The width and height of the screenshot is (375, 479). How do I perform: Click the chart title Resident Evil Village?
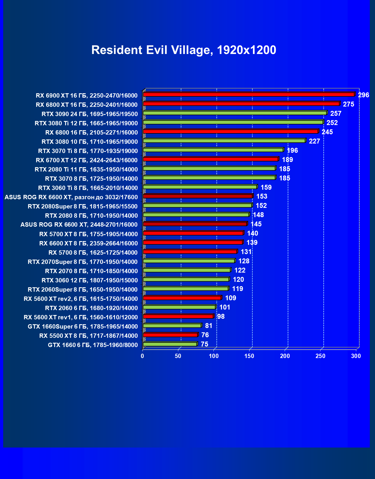pos(183,50)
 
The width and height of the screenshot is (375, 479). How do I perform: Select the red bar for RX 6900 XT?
pos(248,94)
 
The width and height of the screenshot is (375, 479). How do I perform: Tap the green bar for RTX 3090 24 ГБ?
pos(235,113)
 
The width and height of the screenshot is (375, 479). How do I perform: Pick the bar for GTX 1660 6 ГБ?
pos(170,344)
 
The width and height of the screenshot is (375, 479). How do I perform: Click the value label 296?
pos(363,95)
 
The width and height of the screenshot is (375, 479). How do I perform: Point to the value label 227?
pos(314,141)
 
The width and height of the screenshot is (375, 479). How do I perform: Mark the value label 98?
pos(221,316)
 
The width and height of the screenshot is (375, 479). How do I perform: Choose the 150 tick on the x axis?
pos(250,356)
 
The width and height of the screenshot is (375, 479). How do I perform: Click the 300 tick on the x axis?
pos(356,356)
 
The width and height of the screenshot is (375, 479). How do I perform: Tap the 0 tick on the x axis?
pos(142,356)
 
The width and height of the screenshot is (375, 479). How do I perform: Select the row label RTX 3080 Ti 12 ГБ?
pos(86,123)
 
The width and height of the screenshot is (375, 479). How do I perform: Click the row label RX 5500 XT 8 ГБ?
pos(89,336)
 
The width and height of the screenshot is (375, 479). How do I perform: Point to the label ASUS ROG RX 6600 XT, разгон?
pos(71,197)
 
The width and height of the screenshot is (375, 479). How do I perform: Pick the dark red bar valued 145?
pos(195,224)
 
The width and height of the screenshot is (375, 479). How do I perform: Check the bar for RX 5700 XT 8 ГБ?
pos(193,233)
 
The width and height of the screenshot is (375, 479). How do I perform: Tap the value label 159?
pos(266,187)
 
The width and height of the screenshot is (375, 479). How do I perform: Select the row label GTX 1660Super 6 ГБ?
pos(83,327)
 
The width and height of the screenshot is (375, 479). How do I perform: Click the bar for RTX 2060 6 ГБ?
pos(179,307)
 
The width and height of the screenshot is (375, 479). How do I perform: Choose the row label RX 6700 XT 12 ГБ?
pos(87,160)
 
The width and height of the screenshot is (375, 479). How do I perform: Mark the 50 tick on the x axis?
pos(178,356)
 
